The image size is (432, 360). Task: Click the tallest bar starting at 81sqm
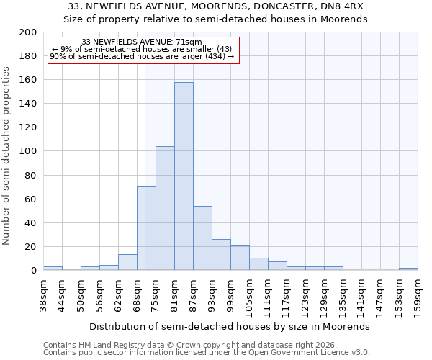(x=184, y=176)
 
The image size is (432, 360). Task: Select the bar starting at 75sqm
(x=165, y=209)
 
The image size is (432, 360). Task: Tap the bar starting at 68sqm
(x=146, y=229)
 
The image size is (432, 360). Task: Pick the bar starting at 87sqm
(x=202, y=238)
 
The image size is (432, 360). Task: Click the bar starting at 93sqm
(x=221, y=255)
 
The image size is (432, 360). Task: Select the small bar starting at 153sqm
(x=408, y=269)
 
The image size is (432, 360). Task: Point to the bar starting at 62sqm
(x=127, y=263)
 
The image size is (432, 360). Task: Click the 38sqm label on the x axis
(x=44, y=294)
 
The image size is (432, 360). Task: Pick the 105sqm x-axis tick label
(x=250, y=296)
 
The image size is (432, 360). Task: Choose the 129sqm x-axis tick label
(x=325, y=296)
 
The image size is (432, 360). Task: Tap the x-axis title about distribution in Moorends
(x=230, y=326)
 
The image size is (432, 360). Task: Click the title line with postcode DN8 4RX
(x=215, y=6)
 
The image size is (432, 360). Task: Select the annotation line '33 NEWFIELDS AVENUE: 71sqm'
(x=142, y=42)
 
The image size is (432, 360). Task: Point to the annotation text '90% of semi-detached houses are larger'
(x=142, y=56)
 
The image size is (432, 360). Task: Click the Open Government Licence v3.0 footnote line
(x=207, y=352)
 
